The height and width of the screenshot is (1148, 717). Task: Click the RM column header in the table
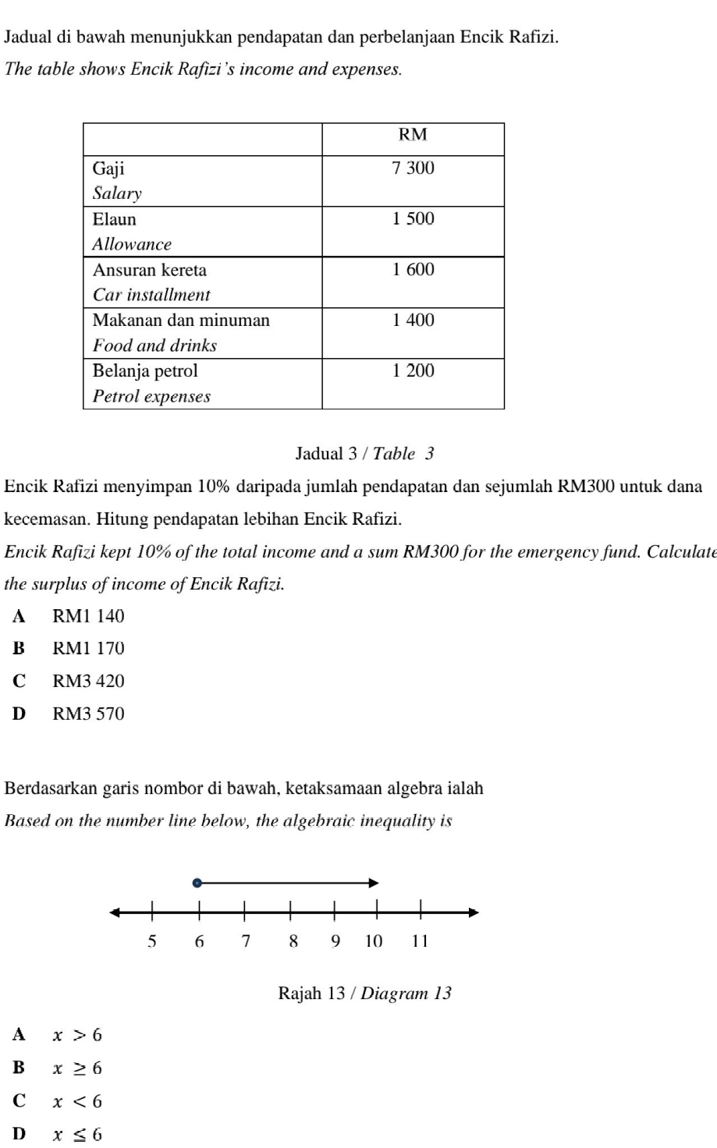tap(413, 136)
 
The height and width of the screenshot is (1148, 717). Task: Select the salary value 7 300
tap(413, 168)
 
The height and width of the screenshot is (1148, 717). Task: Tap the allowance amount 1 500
tap(413, 219)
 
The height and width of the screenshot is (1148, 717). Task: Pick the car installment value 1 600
tap(413, 270)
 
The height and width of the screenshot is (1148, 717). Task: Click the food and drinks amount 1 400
tap(413, 321)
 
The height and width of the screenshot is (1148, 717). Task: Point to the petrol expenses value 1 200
tap(413, 371)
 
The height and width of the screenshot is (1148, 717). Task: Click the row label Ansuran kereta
tap(150, 271)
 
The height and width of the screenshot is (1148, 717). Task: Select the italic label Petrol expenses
tap(151, 396)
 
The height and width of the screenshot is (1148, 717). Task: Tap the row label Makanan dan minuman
tap(181, 321)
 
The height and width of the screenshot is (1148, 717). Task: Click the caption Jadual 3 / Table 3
tap(364, 454)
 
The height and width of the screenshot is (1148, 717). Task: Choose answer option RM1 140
tap(88, 617)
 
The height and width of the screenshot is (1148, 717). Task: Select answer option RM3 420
tap(88, 682)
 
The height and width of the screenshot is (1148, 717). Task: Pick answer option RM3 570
tap(88, 714)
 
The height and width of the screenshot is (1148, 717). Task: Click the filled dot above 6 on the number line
tap(197, 883)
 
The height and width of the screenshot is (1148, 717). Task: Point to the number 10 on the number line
tap(374, 941)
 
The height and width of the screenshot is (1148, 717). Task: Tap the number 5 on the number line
tap(152, 941)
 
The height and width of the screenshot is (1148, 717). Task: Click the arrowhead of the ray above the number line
tap(374, 883)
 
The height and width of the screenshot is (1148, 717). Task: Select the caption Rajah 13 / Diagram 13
tap(364, 994)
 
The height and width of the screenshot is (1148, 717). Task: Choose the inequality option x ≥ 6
tap(77, 1068)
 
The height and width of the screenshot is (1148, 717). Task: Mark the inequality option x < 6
tap(77, 1102)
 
